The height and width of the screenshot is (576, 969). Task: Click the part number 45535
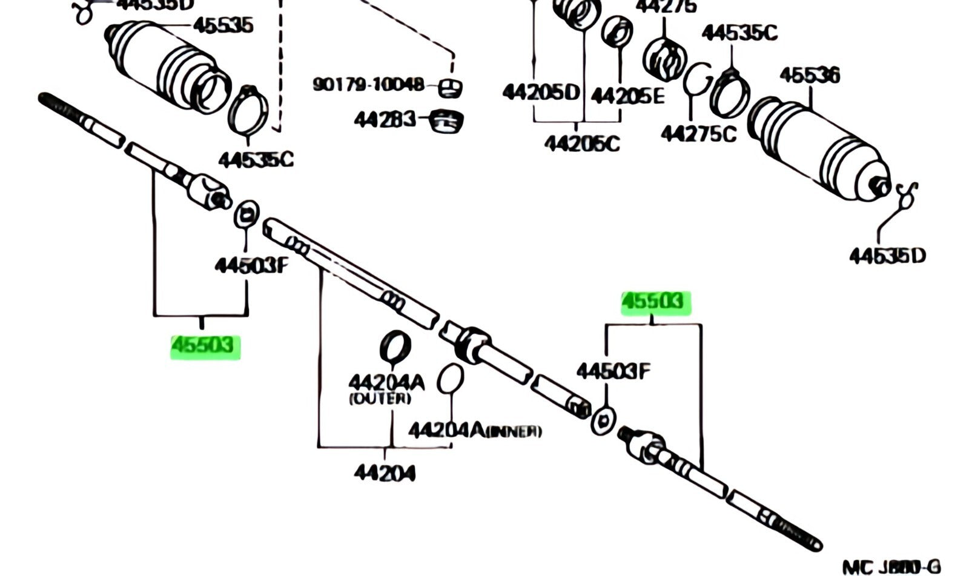coord(222,25)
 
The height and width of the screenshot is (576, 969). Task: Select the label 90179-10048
coord(368,84)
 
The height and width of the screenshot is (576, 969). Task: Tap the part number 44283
coord(385,119)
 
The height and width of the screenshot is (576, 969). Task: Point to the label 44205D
coord(541,92)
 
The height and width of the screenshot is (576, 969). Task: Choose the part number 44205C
coord(582,143)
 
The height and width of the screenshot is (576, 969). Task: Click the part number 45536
coord(810,76)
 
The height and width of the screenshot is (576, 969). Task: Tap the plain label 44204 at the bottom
coord(385,472)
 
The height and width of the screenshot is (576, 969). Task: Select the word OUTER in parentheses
coord(380,399)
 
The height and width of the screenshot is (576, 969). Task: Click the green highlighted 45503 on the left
coord(205,346)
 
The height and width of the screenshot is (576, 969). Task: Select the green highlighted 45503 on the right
coord(655,302)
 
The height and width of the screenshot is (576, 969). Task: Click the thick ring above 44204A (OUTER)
coord(395,345)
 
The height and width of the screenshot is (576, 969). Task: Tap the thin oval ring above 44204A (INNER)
coord(450,378)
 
